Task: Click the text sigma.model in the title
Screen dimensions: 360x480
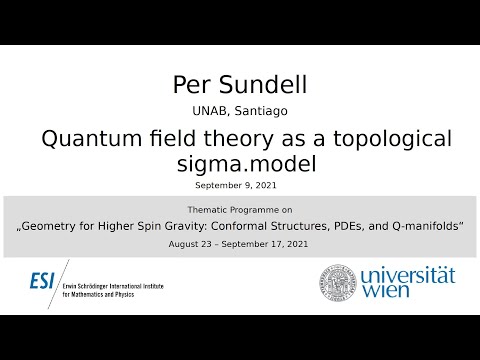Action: click(241, 164)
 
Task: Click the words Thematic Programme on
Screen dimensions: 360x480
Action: click(239, 211)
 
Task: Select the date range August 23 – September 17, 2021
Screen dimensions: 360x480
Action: click(240, 244)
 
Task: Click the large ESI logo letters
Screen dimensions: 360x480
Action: click(42, 281)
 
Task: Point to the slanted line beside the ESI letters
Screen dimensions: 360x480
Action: click(63, 283)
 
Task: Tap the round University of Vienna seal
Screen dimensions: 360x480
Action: click(338, 283)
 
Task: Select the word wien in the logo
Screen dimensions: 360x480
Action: click(384, 293)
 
